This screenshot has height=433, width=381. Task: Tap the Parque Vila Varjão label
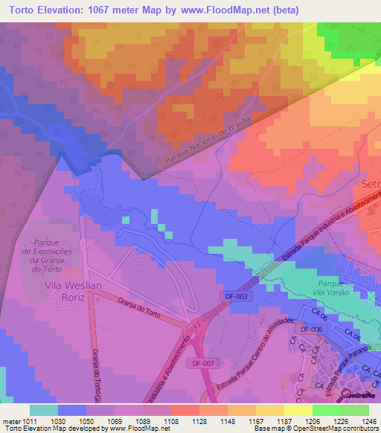tap(330, 289)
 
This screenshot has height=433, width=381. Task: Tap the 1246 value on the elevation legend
tap(361, 420)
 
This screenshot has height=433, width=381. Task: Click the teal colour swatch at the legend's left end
tap(43, 410)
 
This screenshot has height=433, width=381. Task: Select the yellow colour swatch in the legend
tap(298, 410)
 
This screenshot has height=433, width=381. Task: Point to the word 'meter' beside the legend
tap(12, 420)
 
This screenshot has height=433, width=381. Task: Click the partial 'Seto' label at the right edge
tap(370, 183)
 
